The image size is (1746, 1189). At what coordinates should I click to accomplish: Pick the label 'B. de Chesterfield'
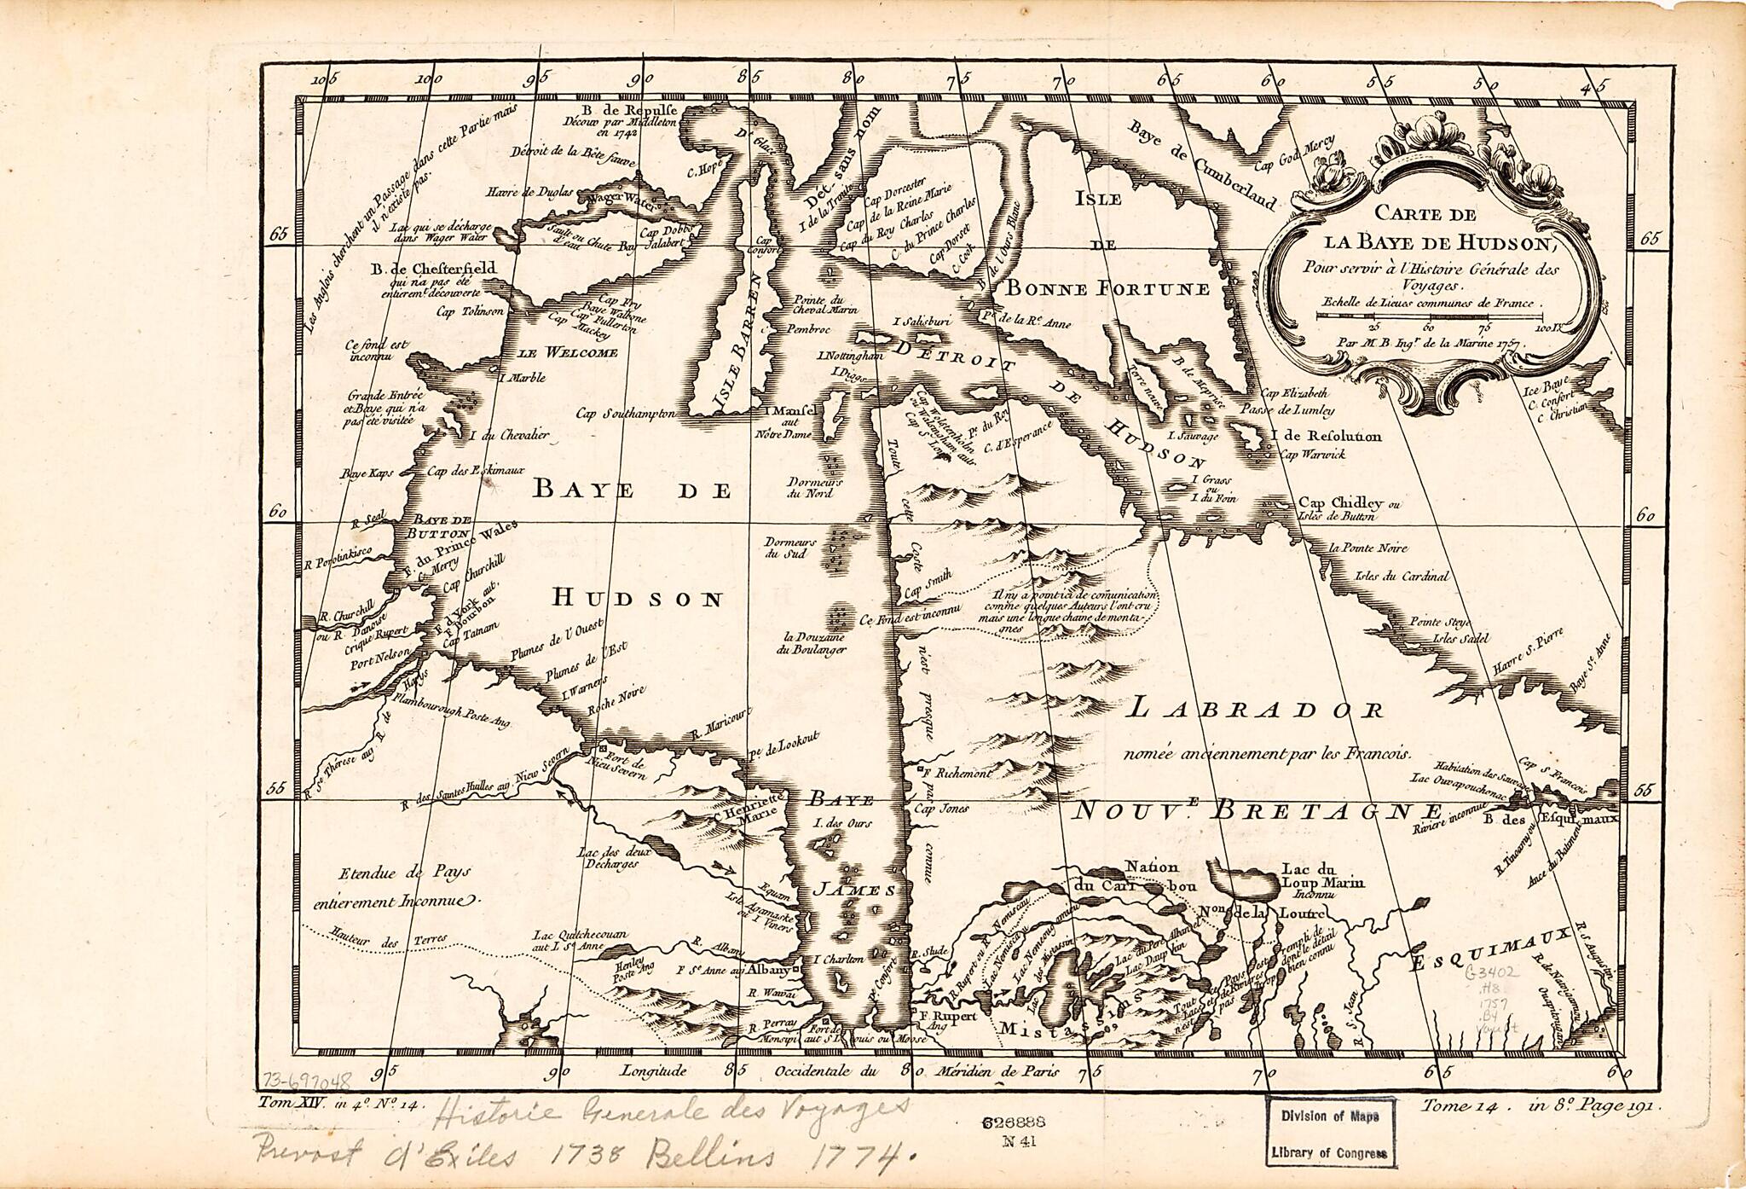click(x=433, y=269)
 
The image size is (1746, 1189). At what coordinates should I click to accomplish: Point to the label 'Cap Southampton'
click(x=626, y=415)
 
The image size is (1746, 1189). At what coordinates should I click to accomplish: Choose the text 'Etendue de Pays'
click(x=404, y=873)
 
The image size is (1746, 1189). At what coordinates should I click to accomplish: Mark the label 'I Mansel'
click(x=789, y=411)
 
